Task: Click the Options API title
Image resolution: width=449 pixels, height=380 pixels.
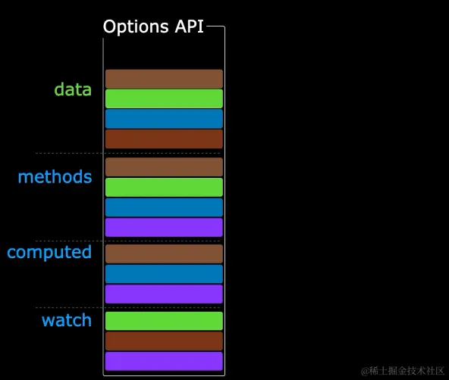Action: point(153,26)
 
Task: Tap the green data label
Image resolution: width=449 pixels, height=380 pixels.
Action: point(73,89)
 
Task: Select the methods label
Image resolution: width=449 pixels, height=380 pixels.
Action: point(55,177)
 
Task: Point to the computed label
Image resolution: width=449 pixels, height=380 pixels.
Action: point(49,252)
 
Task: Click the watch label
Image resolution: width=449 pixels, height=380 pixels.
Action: point(67,320)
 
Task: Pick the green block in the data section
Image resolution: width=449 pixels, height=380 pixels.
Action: point(164,99)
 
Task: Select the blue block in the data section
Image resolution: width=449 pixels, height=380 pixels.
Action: point(164,119)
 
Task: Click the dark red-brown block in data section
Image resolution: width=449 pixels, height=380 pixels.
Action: point(164,139)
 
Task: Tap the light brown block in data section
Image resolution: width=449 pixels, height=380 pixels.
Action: point(164,79)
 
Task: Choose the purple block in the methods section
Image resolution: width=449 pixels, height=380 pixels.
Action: point(164,227)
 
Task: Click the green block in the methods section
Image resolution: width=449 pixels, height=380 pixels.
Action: point(164,187)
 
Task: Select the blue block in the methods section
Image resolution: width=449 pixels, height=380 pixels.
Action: point(164,207)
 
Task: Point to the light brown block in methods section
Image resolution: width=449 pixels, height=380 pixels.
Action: point(164,167)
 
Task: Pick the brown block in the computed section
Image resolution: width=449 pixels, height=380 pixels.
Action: point(164,254)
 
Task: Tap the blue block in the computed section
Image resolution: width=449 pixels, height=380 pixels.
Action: point(164,274)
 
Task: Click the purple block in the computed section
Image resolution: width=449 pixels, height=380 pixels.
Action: point(164,294)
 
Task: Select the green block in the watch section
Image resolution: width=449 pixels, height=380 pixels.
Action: point(164,321)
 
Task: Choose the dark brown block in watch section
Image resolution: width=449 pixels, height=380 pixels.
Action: point(164,341)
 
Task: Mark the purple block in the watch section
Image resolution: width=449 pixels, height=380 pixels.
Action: point(164,361)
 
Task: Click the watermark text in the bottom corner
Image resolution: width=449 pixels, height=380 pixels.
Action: point(402,371)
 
